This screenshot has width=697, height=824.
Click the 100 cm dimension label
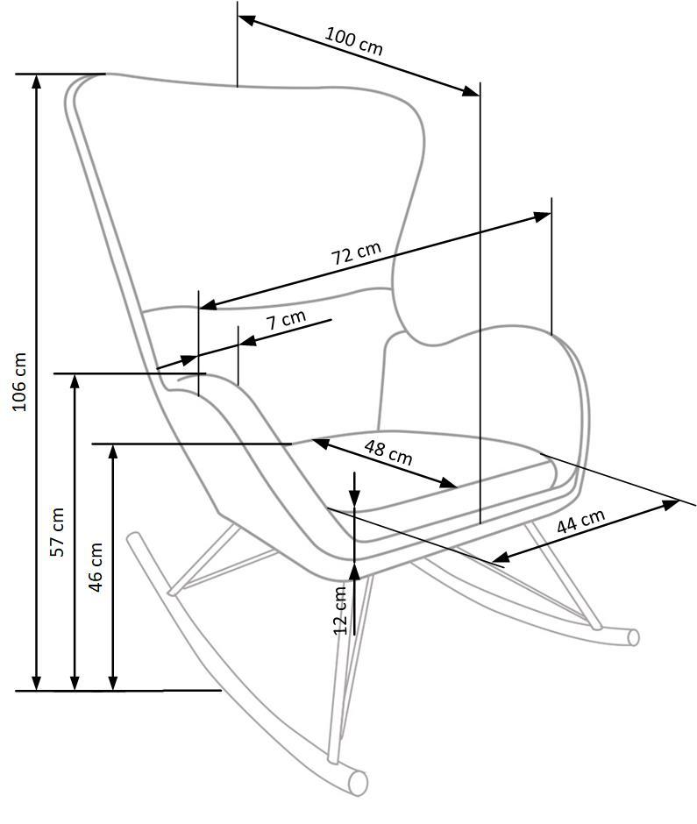click(x=354, y=40)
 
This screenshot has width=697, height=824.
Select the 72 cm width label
click(x=356, y=254)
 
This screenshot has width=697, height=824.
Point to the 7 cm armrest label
click(x=287, y=319)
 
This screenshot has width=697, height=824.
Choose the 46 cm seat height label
click(x=96, y=566)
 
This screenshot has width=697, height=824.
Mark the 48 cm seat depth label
click(x=388, y=452)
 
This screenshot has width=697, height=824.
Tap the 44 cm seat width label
click(x=580, y=522)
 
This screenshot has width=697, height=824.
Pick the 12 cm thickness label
click(x=341, y=608)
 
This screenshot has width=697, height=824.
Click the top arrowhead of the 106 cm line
click(x=37, y=82)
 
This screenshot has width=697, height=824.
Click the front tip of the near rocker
click(x=358, y=782)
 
